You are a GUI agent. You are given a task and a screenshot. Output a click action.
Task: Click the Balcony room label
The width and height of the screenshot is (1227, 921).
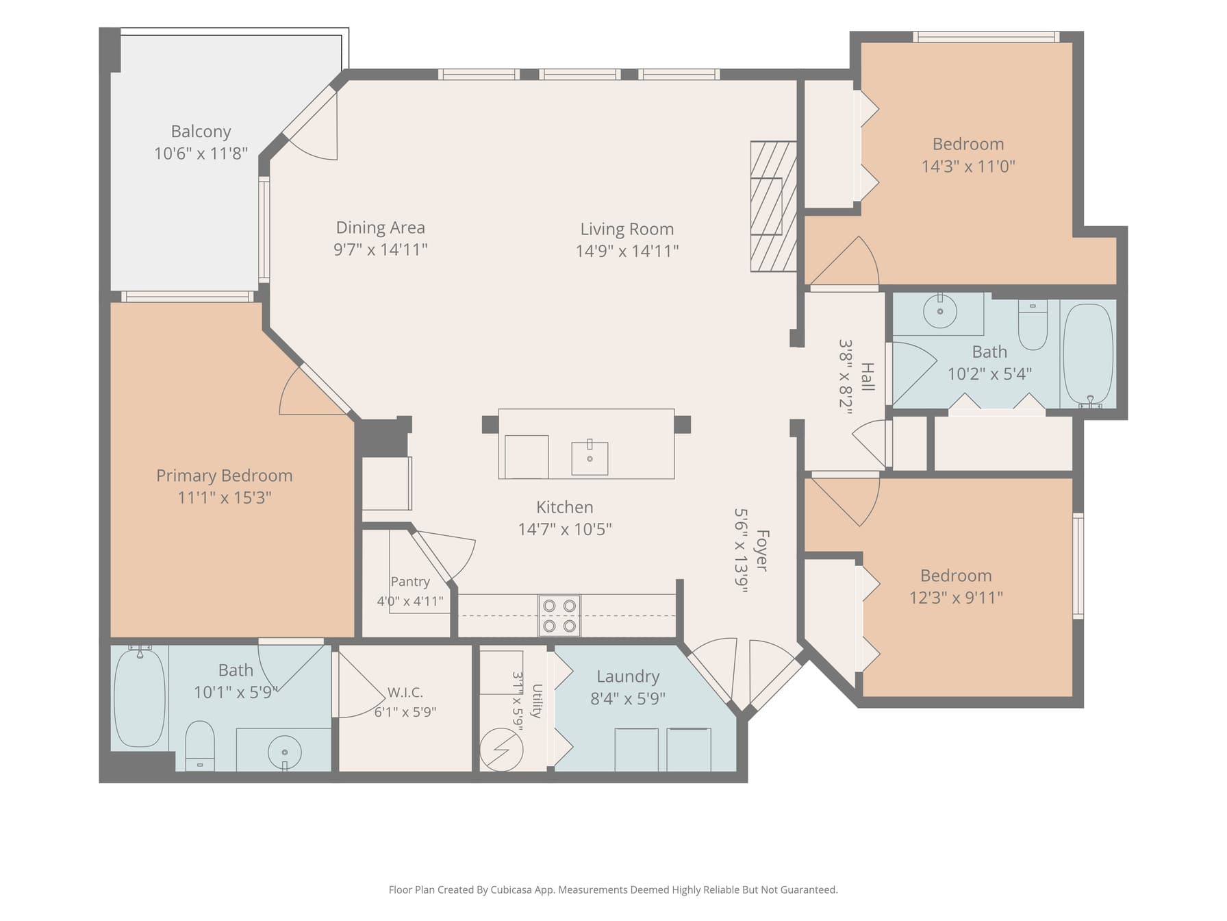(x=201, y=132)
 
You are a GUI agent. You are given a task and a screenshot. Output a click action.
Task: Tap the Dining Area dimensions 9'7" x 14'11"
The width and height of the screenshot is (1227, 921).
(x=381, y=249)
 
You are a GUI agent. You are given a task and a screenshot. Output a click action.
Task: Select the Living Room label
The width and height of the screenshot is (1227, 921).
(x=627, y=229)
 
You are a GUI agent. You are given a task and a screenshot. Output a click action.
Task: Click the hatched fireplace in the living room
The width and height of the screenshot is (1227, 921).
(x=774, y=206)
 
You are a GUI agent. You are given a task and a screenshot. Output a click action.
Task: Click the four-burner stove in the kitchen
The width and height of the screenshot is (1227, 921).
(x=559, y=615)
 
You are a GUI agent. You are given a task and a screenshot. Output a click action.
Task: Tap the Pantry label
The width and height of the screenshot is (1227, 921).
(x=410, y=582)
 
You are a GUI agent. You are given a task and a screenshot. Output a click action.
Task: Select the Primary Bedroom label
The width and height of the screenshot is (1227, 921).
(x=225, y=476)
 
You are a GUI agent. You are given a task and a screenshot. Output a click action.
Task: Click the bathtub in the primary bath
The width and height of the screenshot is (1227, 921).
(x=140, y=698)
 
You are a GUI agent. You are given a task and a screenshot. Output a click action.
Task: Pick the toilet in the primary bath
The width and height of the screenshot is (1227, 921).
(x=200, y=746)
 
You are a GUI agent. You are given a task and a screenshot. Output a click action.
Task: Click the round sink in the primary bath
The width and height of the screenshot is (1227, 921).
(x=284, y=752)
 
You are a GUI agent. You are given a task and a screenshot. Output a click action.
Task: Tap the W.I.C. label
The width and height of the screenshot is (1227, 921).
(x=405, y=692)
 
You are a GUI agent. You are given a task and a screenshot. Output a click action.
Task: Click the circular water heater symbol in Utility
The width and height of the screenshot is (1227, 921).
(x=501, y=750)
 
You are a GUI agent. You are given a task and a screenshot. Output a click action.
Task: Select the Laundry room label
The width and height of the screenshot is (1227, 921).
(x=628, y=676)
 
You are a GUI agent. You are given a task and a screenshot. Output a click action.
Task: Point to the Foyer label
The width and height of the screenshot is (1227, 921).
(x=762, y=550)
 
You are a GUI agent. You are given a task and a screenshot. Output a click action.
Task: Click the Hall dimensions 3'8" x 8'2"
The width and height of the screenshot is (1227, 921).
(x=846, y=377)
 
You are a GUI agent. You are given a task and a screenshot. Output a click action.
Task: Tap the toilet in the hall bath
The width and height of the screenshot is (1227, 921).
(x=1033, y=325)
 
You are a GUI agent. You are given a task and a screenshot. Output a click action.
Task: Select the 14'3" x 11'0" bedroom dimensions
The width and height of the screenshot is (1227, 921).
(x=968, y=167)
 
